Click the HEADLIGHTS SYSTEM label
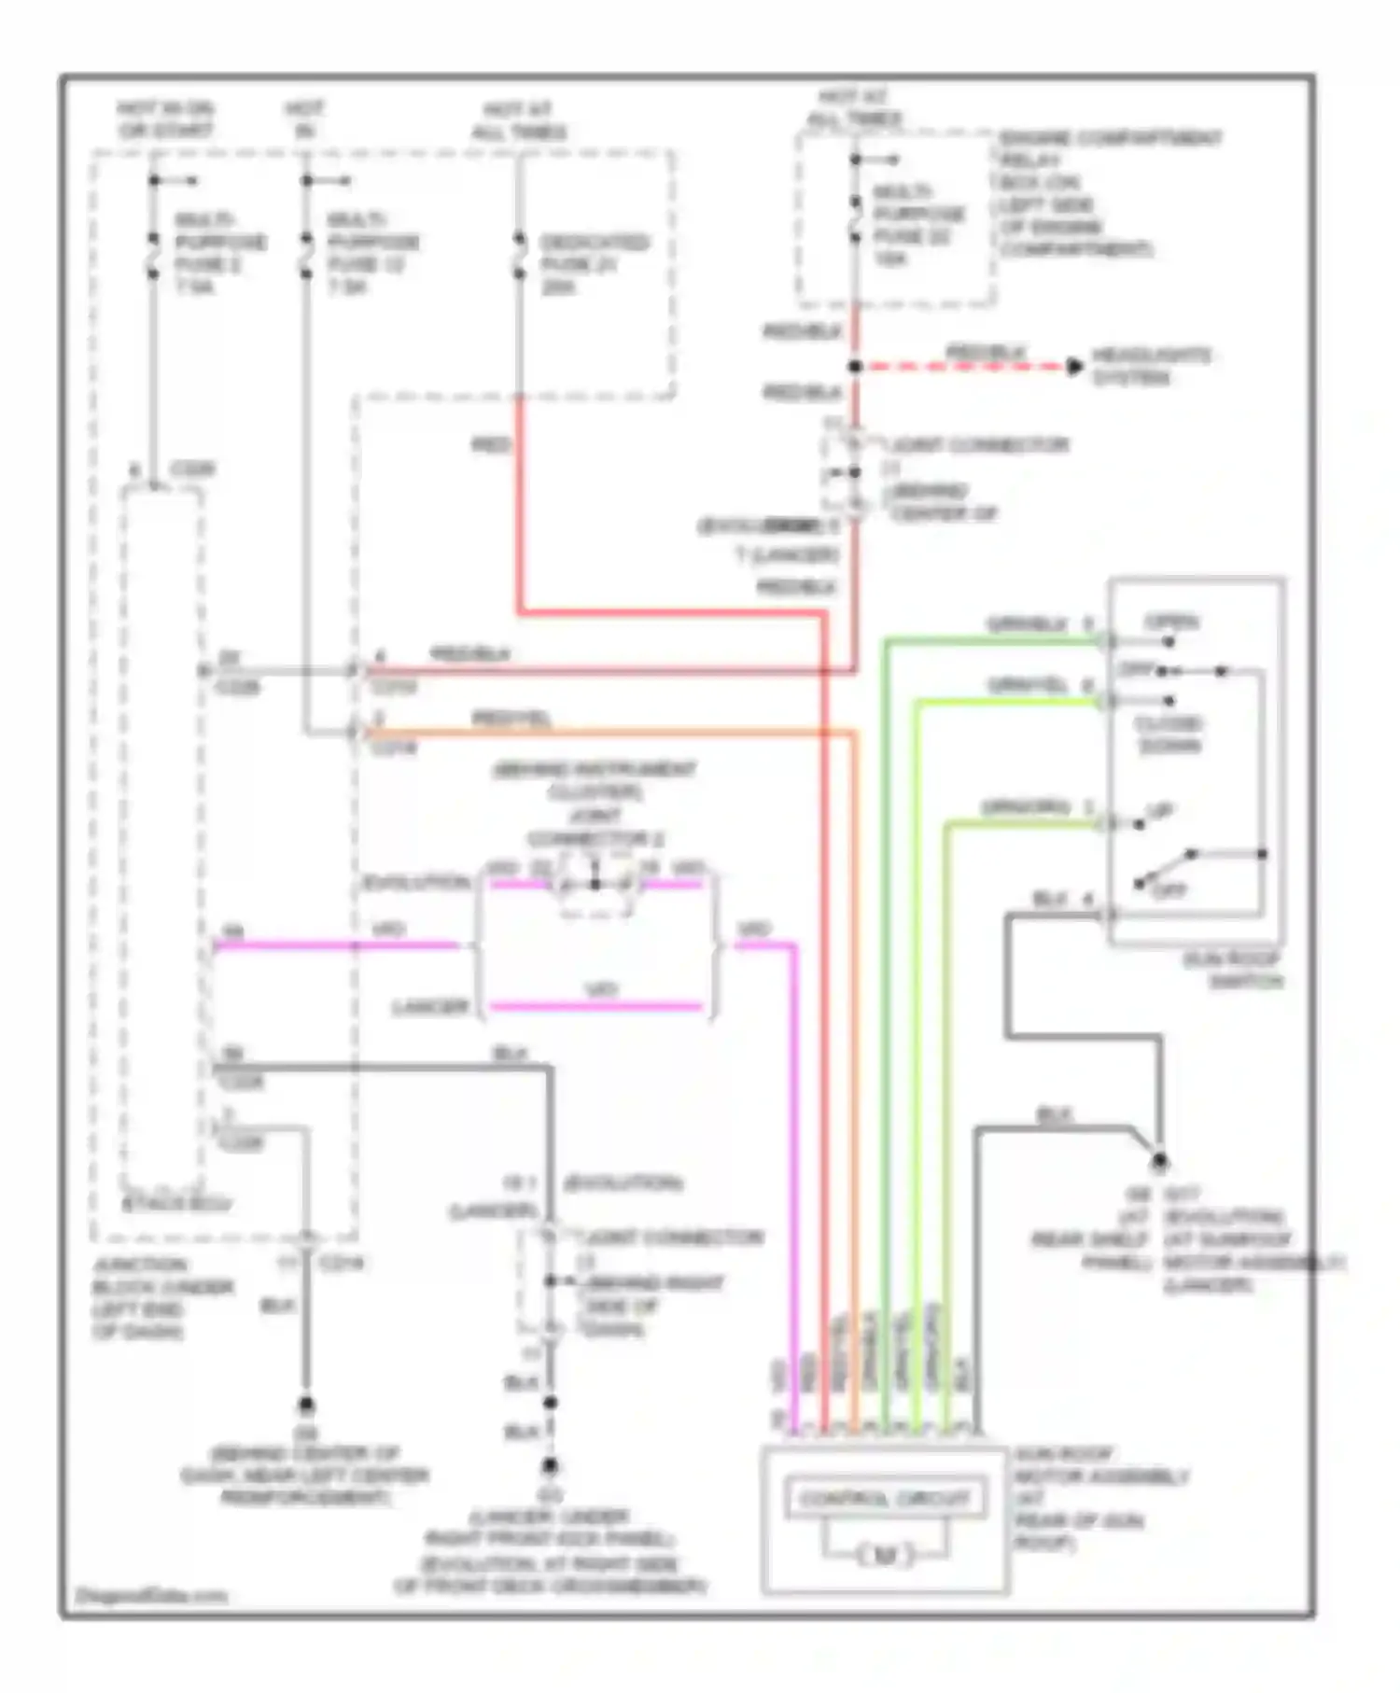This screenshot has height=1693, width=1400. pos(1151,367)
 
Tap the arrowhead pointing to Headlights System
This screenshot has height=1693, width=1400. pos(1074,367)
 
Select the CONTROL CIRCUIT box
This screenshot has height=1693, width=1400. pos(884,1499)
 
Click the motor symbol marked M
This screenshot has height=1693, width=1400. pos(884,1555)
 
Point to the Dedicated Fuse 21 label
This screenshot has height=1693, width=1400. pos(594,264)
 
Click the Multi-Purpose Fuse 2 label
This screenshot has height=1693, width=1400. pos(219,253)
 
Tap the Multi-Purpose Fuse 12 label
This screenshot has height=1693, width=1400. pos(371,253)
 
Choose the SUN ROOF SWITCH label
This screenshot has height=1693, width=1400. pos(1233,970)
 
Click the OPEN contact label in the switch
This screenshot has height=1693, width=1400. pos(1171,622)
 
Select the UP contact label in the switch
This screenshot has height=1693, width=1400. pos(1160,811)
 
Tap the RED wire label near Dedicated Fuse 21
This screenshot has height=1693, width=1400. pos(491,445)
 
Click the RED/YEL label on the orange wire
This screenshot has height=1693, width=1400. pos(511,719)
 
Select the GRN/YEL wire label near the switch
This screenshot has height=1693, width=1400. pos(1027,686)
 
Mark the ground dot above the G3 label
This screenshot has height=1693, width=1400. pos(550,1466)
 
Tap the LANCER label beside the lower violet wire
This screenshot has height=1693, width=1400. pos(430,1007)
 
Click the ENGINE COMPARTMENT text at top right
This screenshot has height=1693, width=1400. pos(1110,138)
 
